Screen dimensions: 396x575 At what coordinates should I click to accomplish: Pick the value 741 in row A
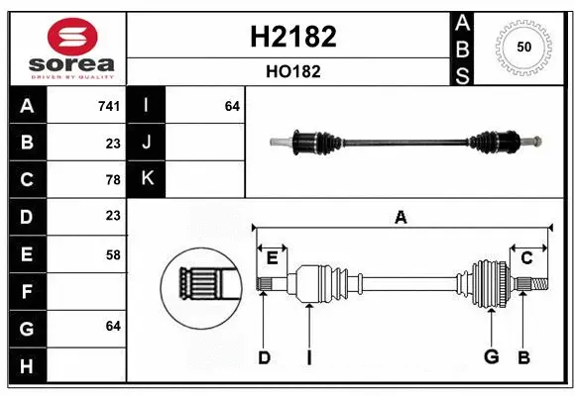pos(110,106)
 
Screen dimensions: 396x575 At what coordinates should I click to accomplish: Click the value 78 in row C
pos(113,179)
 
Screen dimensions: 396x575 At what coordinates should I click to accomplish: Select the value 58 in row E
pos(113,254)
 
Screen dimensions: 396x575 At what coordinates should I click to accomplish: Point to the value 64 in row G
pos(113,326)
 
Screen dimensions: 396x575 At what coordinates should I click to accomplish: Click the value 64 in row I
pos(232,106)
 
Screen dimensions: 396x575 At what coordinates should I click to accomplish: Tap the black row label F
pos(26,292)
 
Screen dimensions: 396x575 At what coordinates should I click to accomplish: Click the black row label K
pos(147,179)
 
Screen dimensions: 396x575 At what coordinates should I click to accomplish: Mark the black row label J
pos(147,143)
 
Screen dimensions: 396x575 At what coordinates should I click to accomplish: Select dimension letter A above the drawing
pos(401,216)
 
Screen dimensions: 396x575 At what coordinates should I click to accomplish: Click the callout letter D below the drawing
pos(264,357)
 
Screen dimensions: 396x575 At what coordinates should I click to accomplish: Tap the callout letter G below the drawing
pos(491,357)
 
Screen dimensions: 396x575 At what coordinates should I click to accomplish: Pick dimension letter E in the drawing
pos(272,258)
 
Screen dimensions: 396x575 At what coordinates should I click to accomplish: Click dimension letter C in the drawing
pos(526,258)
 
